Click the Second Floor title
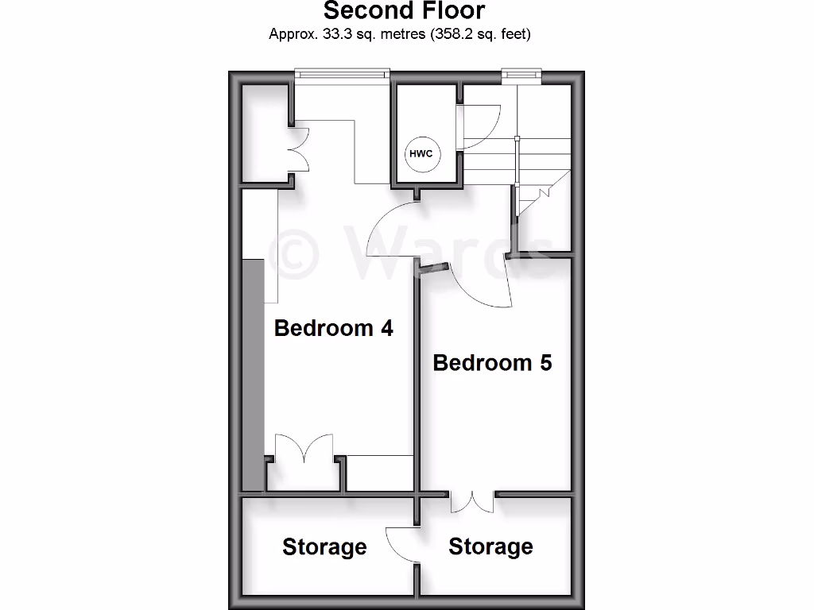[403, 11]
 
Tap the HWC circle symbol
[421, 153]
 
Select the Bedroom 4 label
[333, 328]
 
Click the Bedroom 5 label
[492, 363]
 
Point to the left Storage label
[324, 547]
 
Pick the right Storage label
[490, 546]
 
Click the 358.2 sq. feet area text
[482, 34]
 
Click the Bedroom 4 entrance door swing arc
[389, 230]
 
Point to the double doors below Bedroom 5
[473, 502]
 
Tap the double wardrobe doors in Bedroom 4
[303, 449]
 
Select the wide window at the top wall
[341, 75]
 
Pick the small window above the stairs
[521, 75]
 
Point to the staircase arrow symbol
[545, 192]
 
